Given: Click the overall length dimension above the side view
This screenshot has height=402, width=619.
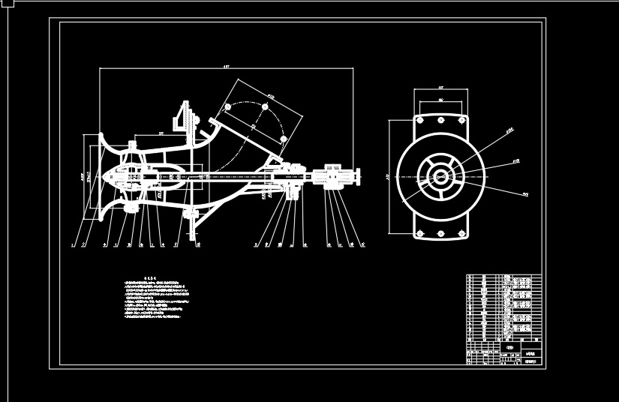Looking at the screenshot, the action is [226, 67].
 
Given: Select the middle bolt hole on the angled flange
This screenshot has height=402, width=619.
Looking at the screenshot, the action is [265, 106].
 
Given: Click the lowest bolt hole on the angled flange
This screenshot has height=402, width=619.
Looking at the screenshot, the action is [283, 139].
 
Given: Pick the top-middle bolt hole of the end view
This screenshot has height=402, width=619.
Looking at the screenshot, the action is [440, 118].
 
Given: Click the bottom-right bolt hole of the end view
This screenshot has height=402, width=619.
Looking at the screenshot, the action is [461, 234].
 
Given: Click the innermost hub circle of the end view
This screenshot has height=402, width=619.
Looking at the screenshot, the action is [440, 177].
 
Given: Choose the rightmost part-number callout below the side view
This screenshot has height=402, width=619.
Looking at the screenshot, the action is [363, 244].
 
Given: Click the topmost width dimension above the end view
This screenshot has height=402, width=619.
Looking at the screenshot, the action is [440, 88].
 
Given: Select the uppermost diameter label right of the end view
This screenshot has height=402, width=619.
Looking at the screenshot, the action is [509, 130].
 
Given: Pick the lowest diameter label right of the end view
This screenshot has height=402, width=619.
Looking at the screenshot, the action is [525, 194].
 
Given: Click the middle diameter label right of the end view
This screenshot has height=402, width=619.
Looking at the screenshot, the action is [516, 160].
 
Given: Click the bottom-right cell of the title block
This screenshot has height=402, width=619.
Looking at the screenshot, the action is [533, 361].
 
